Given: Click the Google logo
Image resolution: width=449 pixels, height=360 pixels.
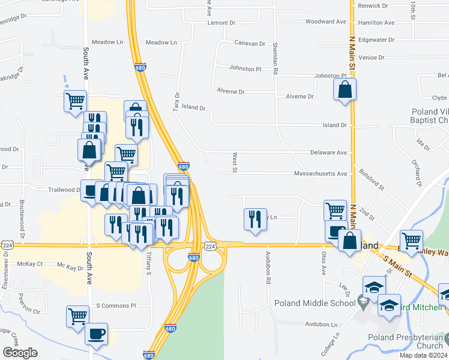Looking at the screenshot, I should (x=20, y=353).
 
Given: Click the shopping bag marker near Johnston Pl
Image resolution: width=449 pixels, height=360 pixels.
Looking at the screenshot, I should (x=345, y=91).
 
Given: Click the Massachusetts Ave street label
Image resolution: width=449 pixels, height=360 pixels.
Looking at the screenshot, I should (x=321, y=173).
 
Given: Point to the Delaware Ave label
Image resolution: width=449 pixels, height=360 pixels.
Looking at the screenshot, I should (x=329, y=153).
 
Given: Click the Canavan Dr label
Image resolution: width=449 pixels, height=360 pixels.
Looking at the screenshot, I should (x=250, y=44).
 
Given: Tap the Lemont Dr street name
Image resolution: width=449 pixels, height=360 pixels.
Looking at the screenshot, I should (x=221, y=23).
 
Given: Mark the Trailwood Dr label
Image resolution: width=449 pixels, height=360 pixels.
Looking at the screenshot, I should (x=64, y=190).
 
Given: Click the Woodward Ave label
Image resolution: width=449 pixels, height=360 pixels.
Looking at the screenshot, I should (x=326, y=22).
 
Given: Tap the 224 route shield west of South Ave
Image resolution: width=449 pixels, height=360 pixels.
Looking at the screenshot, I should (x=7, y=245).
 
